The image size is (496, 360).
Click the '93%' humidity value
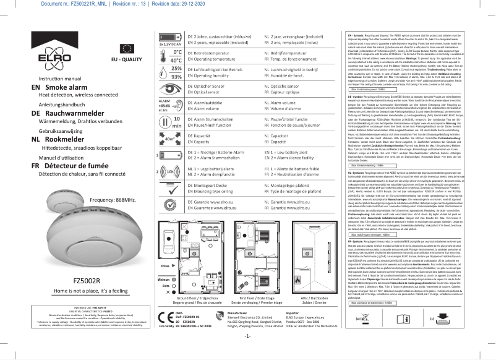(x=176, y=77)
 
